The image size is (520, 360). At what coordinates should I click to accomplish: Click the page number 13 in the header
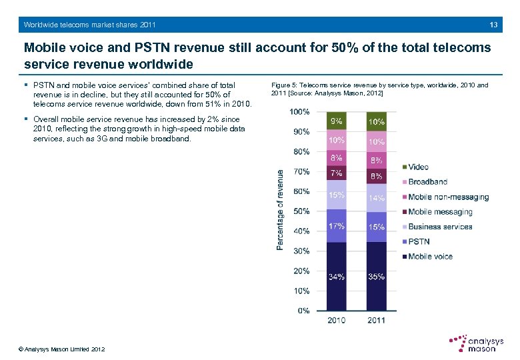click(493, 25)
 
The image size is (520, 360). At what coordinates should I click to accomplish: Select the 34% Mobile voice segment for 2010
click(337, 276)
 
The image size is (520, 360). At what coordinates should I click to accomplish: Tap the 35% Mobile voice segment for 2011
click(377, 276)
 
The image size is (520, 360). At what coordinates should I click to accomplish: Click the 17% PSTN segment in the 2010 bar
click(337, 226)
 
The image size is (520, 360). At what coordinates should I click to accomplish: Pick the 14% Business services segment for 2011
click(377, 198)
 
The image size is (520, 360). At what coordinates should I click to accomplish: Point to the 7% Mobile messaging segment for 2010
click(337, 173)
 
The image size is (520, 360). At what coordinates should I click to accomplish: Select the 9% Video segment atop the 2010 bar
click(337, 121)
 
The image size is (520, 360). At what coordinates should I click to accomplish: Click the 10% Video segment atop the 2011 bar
click(377, 122)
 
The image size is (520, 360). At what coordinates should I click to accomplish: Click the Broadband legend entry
click(427, 181)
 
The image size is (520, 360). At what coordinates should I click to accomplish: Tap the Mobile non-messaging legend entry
click(447, 197)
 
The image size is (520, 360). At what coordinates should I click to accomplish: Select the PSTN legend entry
click(418, 241)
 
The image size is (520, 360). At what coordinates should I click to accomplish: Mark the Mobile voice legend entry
click(429, 257)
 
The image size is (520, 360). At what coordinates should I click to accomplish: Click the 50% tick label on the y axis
click(301, 211)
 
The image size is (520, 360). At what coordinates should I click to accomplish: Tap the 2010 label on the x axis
click(337, 321)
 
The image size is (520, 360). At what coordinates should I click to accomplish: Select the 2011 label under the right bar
click(377, 321)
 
